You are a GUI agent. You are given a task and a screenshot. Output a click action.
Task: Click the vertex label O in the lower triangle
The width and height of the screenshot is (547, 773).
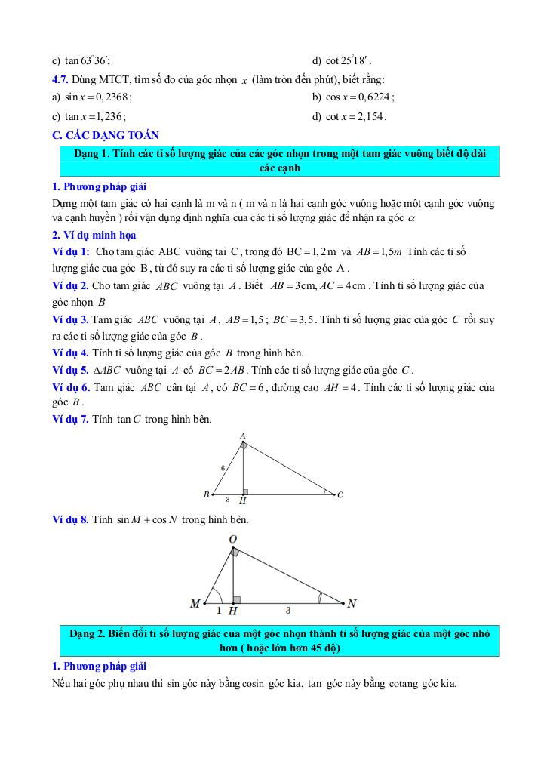tap(233, 539)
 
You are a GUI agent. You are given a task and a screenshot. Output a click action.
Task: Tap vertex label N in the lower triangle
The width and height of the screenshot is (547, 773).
tap(352, 604)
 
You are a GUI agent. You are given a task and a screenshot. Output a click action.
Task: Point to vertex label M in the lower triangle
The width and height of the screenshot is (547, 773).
tap(195, 604)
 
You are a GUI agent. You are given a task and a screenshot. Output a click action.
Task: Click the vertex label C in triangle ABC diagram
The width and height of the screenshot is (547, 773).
tap(340, 495)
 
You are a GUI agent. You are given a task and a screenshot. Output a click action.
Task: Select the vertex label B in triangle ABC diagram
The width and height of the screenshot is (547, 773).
tap(206, 494)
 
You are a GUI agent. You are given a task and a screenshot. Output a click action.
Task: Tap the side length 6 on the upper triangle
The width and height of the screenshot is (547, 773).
tap(223, 468)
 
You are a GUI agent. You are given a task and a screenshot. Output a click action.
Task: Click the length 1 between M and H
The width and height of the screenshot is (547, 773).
tap(219, 610)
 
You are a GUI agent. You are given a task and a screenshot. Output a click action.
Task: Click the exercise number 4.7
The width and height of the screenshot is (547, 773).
tap(60, 79)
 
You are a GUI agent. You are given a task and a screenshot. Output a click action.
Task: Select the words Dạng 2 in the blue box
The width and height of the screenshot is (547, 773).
tap(88, 634)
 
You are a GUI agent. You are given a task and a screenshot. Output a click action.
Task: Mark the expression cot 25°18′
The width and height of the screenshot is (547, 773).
tap(346, 60)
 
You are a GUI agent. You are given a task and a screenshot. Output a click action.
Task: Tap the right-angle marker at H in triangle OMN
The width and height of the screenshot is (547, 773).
tap(237, 599)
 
